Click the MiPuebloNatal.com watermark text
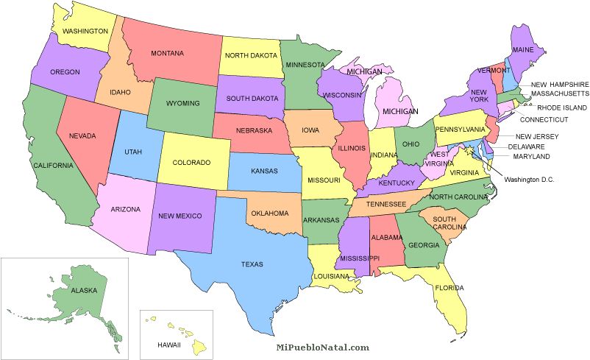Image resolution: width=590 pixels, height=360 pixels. pyautogui.click(x=322, y=347)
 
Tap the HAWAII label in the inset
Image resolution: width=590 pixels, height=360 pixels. pyautogui.click(x=168, y=345)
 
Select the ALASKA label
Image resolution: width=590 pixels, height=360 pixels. pyautogui.click(x=84, y=290)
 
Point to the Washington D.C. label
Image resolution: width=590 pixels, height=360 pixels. pyautogui.click(x=528, y=180)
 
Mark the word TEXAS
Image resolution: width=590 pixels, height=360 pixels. pyautogui.click(x=252, y=264)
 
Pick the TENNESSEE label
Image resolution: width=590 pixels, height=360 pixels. pyautogui.click(x=387, y=203)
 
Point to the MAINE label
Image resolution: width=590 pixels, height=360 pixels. pyautogui.click(x=523, y=50)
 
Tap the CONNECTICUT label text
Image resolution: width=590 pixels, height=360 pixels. pyautogui.click(x=544, y=119)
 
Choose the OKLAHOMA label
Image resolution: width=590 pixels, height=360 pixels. pyautogui.click(x=269, y=213)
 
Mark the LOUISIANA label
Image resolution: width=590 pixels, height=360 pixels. pyautogui.click(x=332, y=277)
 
